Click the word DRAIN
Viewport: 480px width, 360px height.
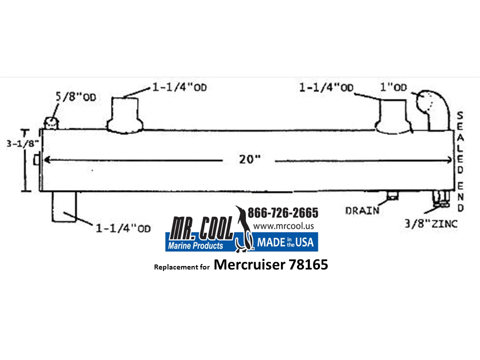point(362,210)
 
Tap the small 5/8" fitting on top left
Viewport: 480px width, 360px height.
point(50,122)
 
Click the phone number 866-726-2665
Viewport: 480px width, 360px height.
point(283,213)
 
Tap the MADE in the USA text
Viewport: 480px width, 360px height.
point(285,243)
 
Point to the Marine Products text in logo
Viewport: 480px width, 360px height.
point(196,245)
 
